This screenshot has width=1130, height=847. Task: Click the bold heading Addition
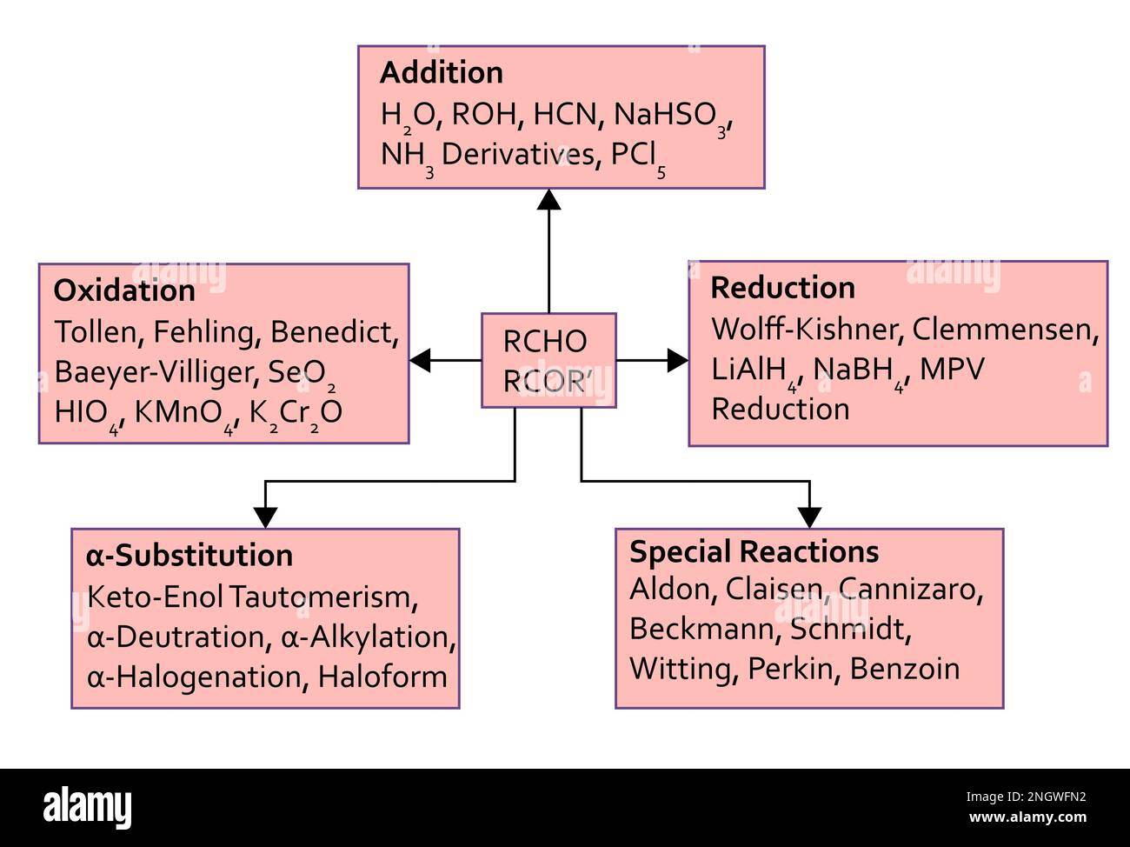[442, 73]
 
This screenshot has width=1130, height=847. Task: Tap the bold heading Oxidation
[124, 290]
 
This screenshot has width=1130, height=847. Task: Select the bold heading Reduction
[782, 288]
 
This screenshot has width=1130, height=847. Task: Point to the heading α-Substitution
[189, 556]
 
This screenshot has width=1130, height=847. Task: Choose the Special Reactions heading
[754, 552]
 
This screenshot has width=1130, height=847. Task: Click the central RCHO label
[545, 342]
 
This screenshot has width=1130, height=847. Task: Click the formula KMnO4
[185, 413]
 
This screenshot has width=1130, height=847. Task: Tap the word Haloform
[382, 677]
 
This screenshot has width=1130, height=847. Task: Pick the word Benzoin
[905, 669]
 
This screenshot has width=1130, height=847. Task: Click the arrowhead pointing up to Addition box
[548, 199]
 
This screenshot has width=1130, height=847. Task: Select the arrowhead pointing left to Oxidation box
[420, 360]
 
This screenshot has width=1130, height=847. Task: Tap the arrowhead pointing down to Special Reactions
[809, 517]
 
